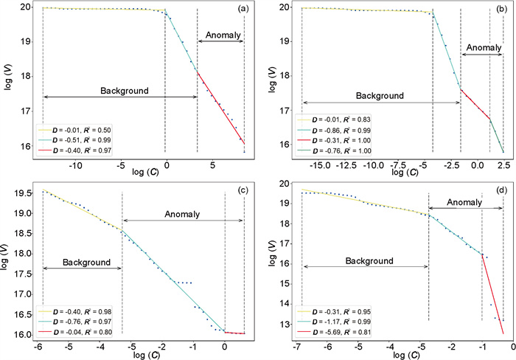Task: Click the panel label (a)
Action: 242,10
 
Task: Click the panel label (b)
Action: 500,10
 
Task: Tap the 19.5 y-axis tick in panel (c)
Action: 24,193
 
